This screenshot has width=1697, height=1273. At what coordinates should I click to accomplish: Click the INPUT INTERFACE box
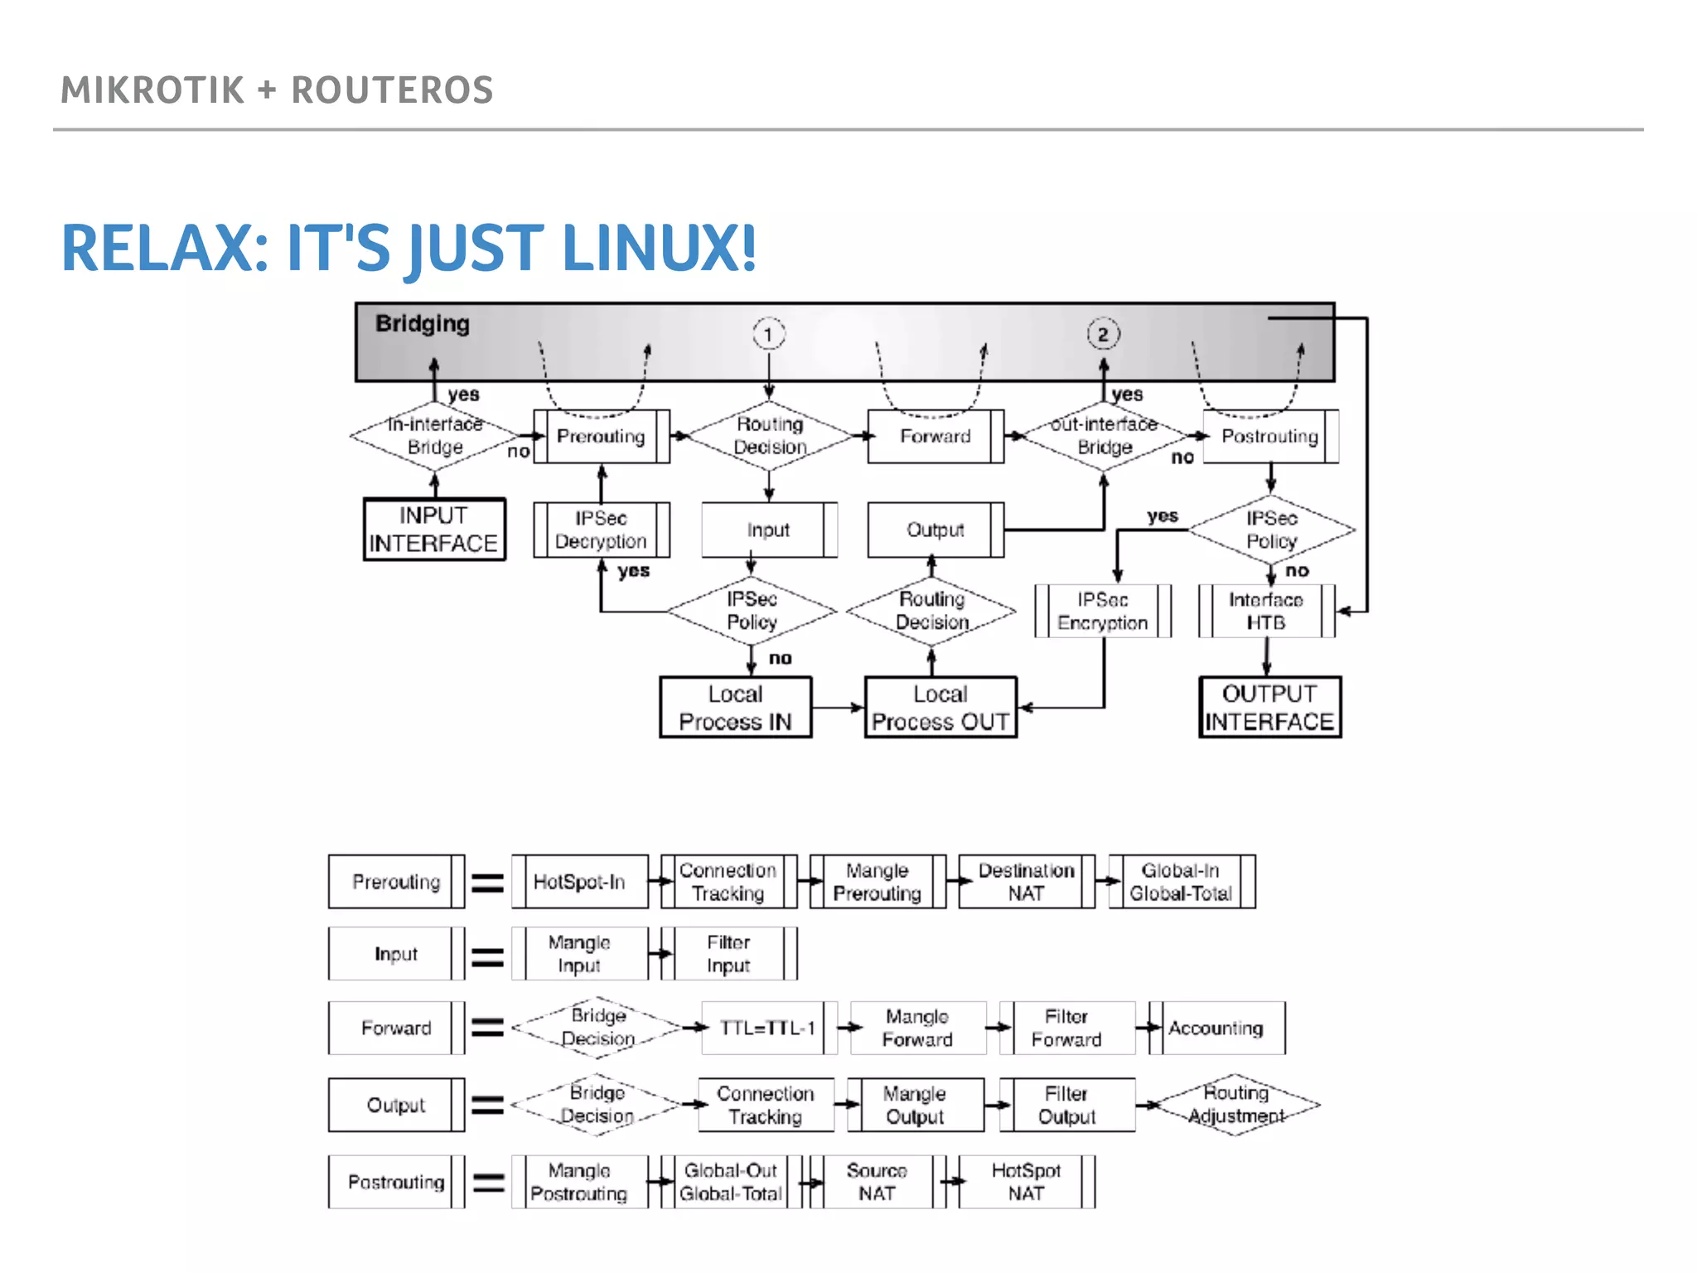434,530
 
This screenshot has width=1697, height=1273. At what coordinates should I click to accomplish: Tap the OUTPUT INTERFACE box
1269,708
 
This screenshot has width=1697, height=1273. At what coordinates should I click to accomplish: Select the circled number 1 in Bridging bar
768,334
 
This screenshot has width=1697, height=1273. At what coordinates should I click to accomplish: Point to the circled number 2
1103,334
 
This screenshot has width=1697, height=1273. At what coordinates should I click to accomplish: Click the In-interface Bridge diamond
434,436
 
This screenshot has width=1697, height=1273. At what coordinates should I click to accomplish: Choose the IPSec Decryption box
601,530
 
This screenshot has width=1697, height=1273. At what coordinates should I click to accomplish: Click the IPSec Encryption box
1102,611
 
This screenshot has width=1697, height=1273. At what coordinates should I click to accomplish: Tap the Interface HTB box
1265,611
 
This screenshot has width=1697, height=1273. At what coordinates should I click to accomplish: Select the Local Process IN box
735,708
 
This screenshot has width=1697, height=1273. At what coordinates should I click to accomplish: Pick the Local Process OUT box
940,708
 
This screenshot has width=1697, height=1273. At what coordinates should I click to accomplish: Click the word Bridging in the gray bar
423,323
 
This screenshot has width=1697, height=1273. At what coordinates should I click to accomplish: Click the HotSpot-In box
579,882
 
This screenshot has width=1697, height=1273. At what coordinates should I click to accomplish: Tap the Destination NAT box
1026,882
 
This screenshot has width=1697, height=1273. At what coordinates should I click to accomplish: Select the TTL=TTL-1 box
768,1029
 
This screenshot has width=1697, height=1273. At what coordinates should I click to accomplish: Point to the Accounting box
1216,1029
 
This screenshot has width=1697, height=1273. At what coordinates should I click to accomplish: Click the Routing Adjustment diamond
1235,1105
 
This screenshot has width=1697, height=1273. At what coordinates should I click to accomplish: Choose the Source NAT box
877,1182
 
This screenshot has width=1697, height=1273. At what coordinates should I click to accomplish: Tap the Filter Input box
728,954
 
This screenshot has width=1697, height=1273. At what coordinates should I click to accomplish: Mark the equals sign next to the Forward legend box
487,1029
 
